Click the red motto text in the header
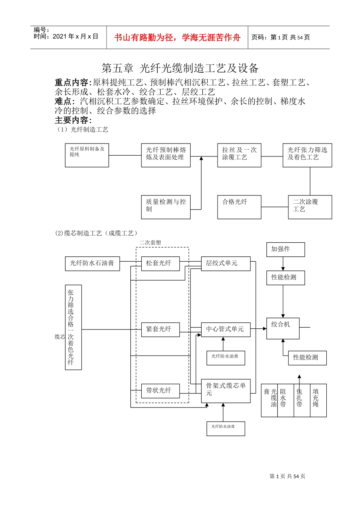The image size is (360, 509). point(177,37)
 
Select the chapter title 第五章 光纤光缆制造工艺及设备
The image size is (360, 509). point(180,68)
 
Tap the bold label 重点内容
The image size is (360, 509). point(72,83)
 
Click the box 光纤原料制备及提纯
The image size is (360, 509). point(87,155)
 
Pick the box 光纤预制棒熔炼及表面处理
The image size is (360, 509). point(166,155)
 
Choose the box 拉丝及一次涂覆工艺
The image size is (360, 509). point(239,155)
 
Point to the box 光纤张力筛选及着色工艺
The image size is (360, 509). point(307,155)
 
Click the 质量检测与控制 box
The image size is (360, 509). point(166,207)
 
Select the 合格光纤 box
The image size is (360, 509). point(239,207)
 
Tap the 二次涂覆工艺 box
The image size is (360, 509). point(310,207)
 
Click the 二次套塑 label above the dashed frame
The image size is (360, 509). point(150,242)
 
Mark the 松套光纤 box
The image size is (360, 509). point(160,263)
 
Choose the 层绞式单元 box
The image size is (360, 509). point(225,264)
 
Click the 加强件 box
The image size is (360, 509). point(285,250)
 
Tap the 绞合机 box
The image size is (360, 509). point(283,328)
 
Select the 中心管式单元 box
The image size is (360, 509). point(225,329)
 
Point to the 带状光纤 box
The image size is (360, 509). point(160,390)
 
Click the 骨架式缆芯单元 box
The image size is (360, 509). point(225,391)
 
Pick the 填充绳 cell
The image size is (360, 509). point(318,400)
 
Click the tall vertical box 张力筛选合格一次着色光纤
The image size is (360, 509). point(73,327)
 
